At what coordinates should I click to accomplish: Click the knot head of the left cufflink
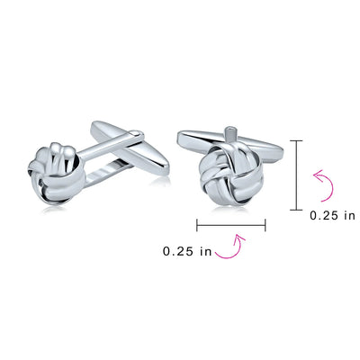57,174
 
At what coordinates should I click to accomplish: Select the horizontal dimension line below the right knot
231,225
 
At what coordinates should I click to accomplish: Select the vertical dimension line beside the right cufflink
297,175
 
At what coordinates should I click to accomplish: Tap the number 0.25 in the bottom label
178,251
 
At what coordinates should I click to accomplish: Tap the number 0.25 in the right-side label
325,215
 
